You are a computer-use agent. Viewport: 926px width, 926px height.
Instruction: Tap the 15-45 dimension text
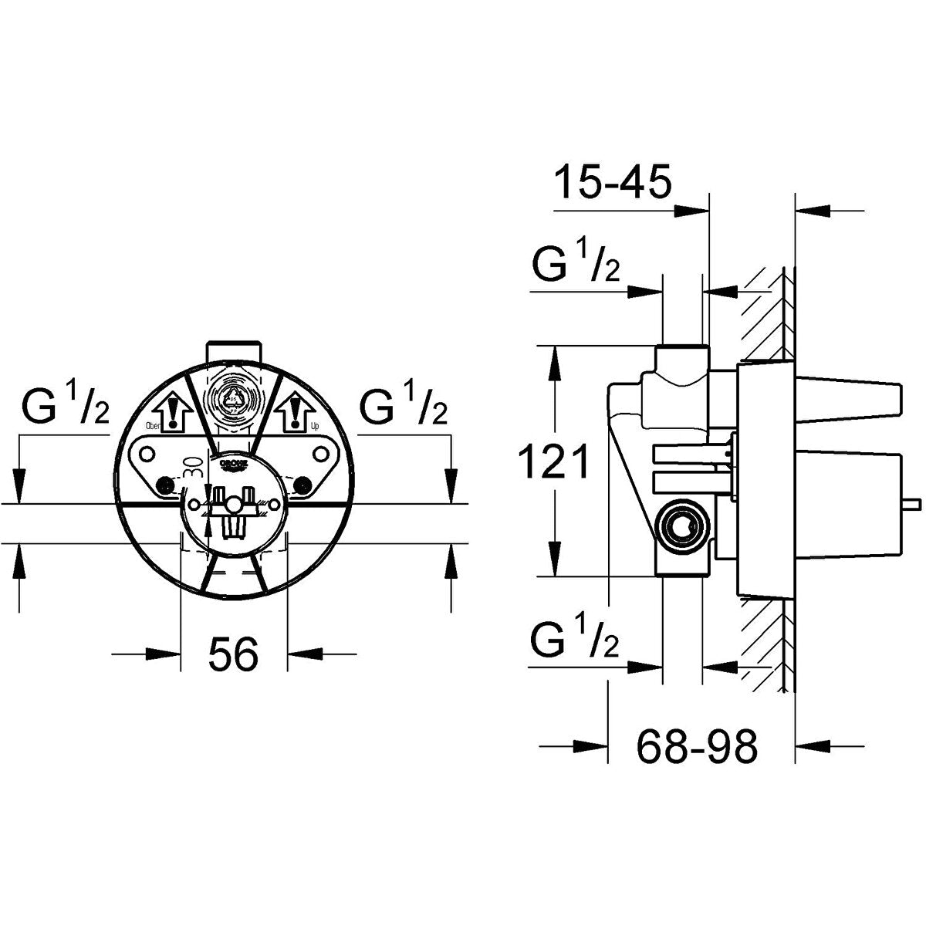(x=613, y=184)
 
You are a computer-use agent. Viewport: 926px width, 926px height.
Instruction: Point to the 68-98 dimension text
(x=698, y=745)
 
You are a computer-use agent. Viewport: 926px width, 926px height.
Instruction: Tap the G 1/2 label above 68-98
(x=576, y=640)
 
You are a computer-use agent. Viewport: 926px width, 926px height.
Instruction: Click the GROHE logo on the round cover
(x=235, y=465)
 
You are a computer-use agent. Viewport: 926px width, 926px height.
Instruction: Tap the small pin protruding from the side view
(x=911, y=504)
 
